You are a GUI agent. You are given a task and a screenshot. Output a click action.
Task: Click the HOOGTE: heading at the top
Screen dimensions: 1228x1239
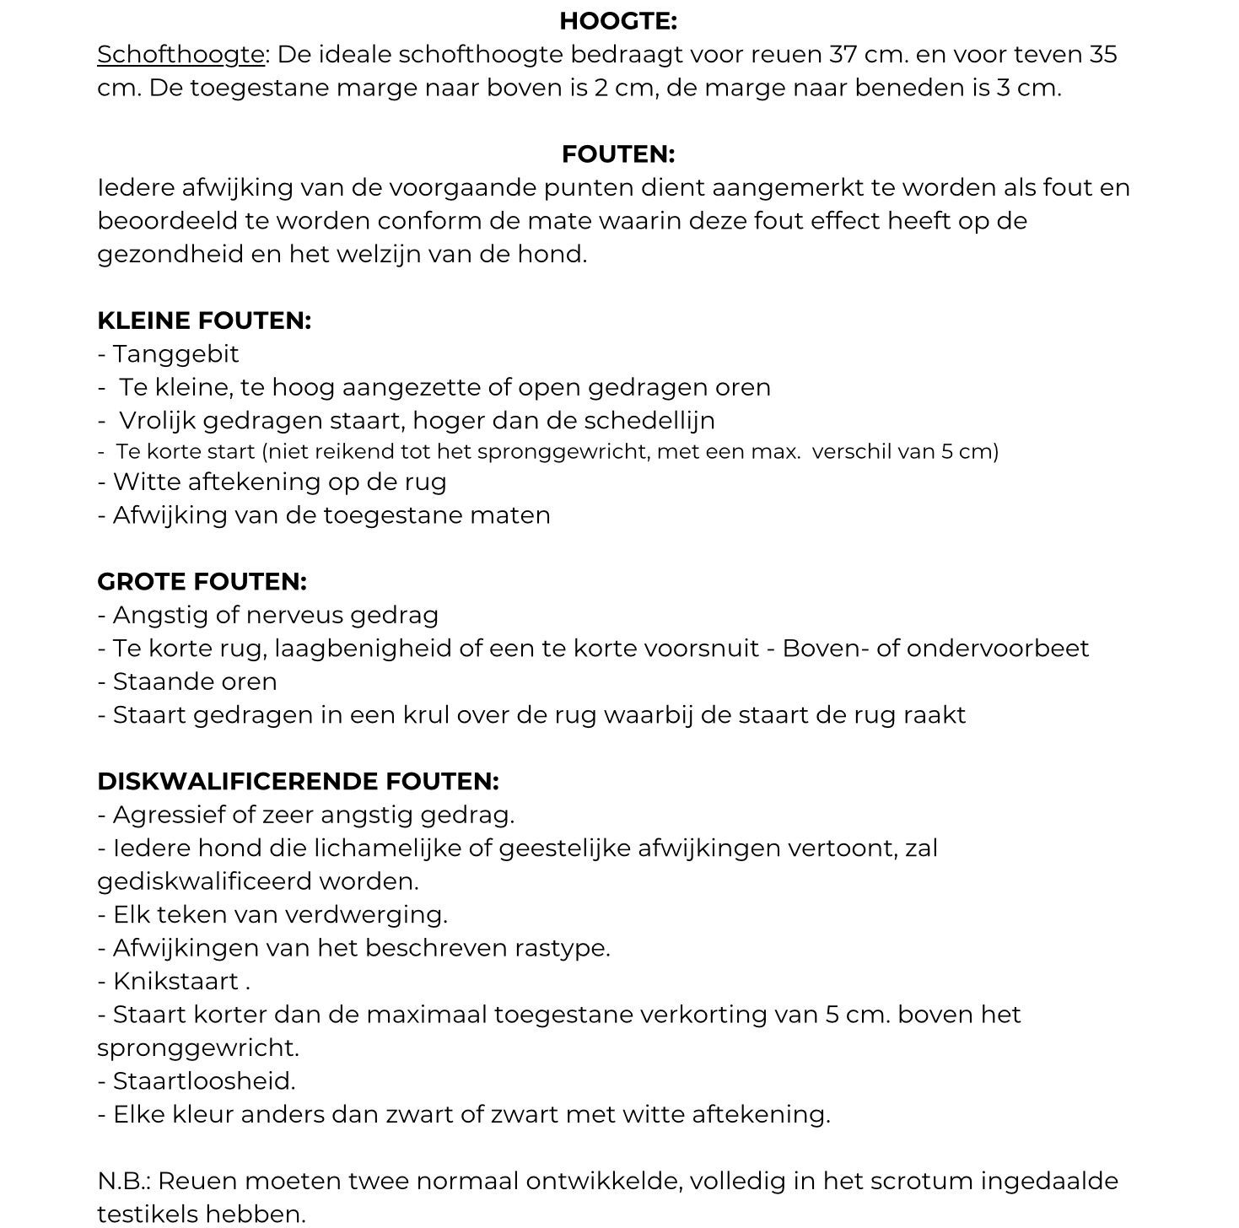[x=618, y=21]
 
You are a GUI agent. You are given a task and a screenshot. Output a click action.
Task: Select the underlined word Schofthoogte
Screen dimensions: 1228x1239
[x=181, y=55]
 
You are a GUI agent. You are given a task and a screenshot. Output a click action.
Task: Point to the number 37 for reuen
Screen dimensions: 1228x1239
[x=843, y=55]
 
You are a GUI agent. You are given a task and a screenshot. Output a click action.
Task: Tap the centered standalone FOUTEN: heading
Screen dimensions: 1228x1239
[x=618, y=154]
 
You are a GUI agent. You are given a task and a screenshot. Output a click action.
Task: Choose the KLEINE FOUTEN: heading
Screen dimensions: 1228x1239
[x=204, y=320]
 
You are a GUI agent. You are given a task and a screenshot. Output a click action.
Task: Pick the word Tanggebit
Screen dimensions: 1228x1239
[x=175, y=354]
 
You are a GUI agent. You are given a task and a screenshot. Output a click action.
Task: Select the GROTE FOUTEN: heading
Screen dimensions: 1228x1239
[x=202, y=582]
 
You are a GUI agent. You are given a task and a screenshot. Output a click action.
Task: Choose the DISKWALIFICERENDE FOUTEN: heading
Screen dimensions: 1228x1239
[x=298, y=782]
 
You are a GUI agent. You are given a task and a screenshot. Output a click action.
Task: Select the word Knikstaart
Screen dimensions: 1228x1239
[x=175, y=982]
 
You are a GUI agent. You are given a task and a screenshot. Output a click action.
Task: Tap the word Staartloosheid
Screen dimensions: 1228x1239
[x=203, y=1081]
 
